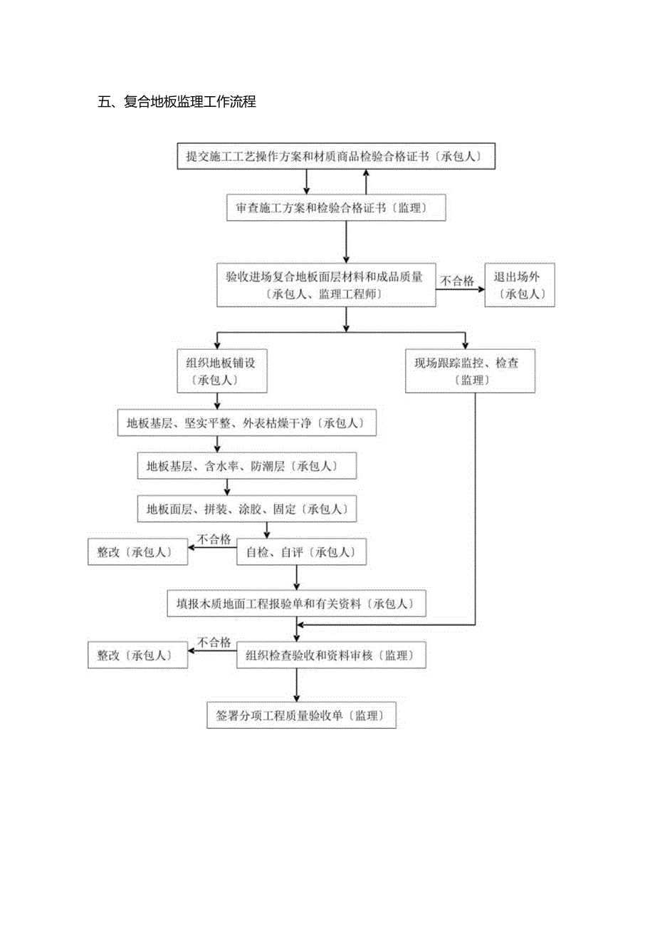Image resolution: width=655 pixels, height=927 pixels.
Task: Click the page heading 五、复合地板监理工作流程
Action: pyautogui.click(x=177, y=102)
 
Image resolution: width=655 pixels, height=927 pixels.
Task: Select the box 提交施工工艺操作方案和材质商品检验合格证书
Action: pyautogui.click(x=335, y=157)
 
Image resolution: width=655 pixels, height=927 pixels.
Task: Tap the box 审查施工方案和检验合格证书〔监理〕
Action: pyautogui.click(x=335, y=208)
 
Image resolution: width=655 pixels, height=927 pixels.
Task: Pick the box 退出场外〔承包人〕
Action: pyautogui.click(x=520, y=285)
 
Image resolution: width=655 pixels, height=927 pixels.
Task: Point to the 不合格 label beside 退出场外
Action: pyautogui.click(x=457, y=281)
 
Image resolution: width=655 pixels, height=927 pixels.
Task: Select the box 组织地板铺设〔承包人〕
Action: pyautogui.click(x=221, y=371)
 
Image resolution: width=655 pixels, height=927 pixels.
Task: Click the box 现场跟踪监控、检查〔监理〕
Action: pyautogui.click(x=469, y=371)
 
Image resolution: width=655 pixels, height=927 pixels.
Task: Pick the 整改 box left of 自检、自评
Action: pyautogui.click(x=137, y=552)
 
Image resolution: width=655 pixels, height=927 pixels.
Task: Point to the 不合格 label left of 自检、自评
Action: pyautogui.click(x=214, y=540)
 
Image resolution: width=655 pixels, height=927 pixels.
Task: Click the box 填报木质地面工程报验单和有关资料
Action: pyautogui.click(x=296, y=604)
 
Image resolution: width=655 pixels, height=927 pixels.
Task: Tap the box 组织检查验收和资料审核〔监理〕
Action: pyautogui.click(x=331, y=656)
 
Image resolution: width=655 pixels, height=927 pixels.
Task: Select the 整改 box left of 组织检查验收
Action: pyautogui.click(x=137, y=656)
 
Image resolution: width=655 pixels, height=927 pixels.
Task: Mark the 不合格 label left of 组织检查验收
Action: pyautogui.click(x=214, y=643)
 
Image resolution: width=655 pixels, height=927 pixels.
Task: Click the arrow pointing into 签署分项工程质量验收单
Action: pyautogui.click(x=296, y=685)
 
